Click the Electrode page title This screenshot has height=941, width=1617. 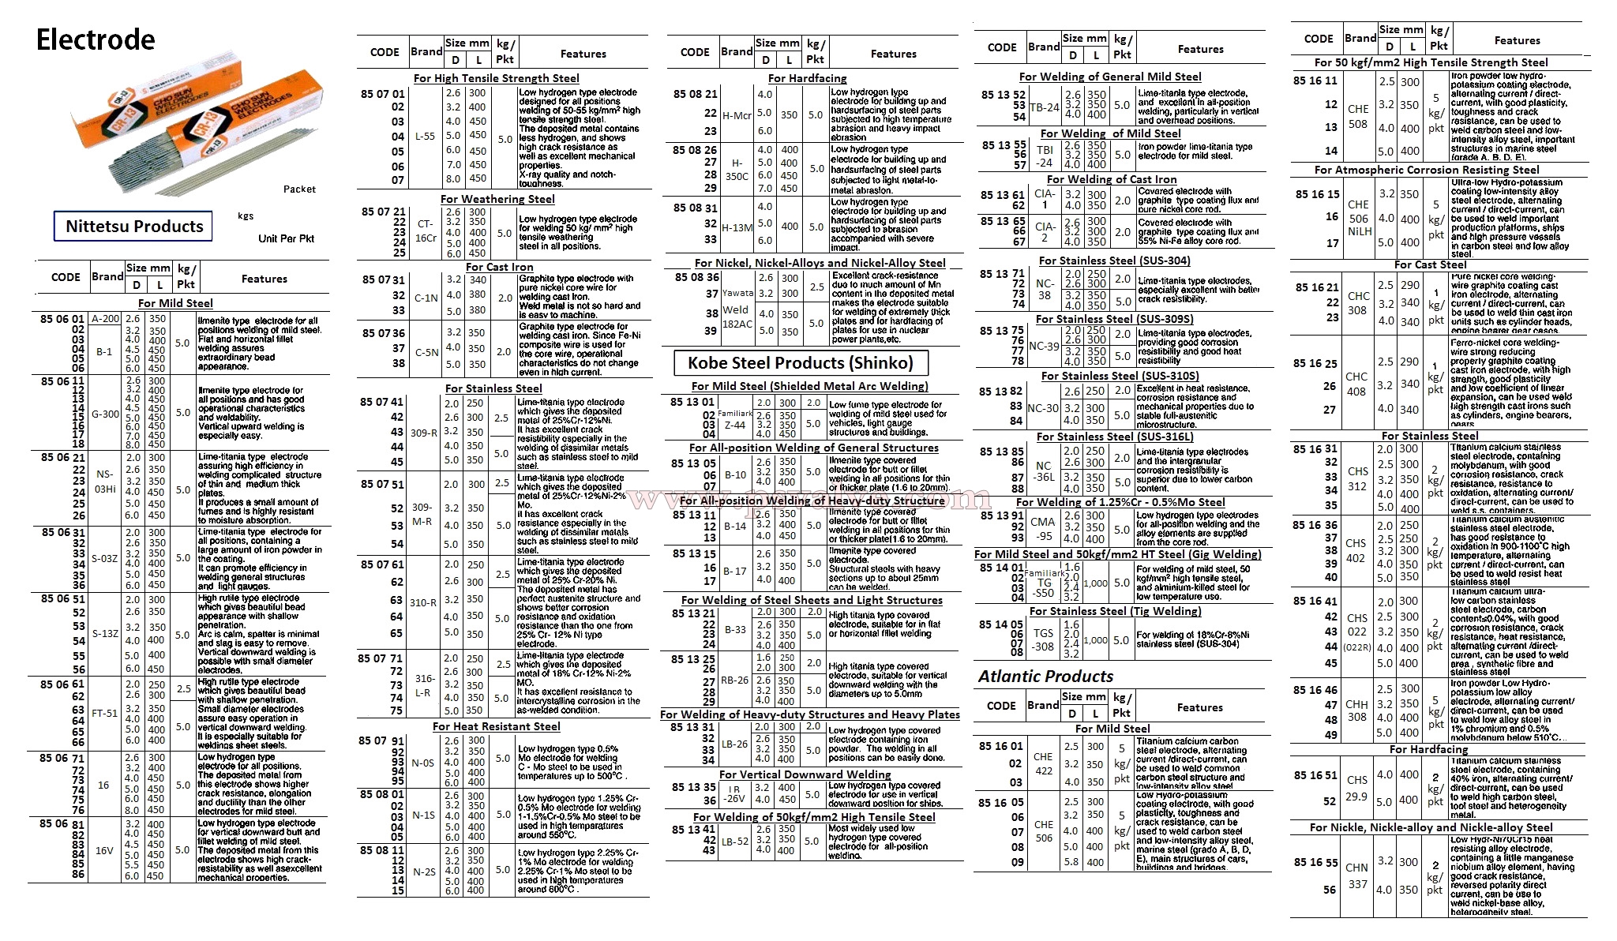tap(96, 39)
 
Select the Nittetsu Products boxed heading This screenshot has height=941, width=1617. tap(134, 227)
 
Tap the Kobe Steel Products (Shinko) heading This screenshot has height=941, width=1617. tap(800, 363)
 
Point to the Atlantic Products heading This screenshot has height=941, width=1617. tap(1045, 677)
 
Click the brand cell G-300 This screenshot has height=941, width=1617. tap(105, 413)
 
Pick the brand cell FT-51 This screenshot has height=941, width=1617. tap(105, 713)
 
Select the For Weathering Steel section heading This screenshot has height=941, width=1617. tap(497, 199)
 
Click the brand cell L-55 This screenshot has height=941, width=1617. tap(425, 137)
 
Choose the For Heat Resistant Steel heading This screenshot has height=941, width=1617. tap(496, 726)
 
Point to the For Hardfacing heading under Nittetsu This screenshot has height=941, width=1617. tap(807, 78)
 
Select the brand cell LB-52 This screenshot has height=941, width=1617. tap(735, 842)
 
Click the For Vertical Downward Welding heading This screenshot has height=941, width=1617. tap(805, 774)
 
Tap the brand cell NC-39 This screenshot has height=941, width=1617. tap(1045, 347)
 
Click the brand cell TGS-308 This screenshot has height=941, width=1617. tap(1044, 639)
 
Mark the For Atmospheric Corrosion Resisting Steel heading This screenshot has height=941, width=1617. tap(1427, 170)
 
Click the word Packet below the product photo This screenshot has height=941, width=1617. tap(299, 189)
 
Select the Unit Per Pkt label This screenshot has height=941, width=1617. tap(286, 238)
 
